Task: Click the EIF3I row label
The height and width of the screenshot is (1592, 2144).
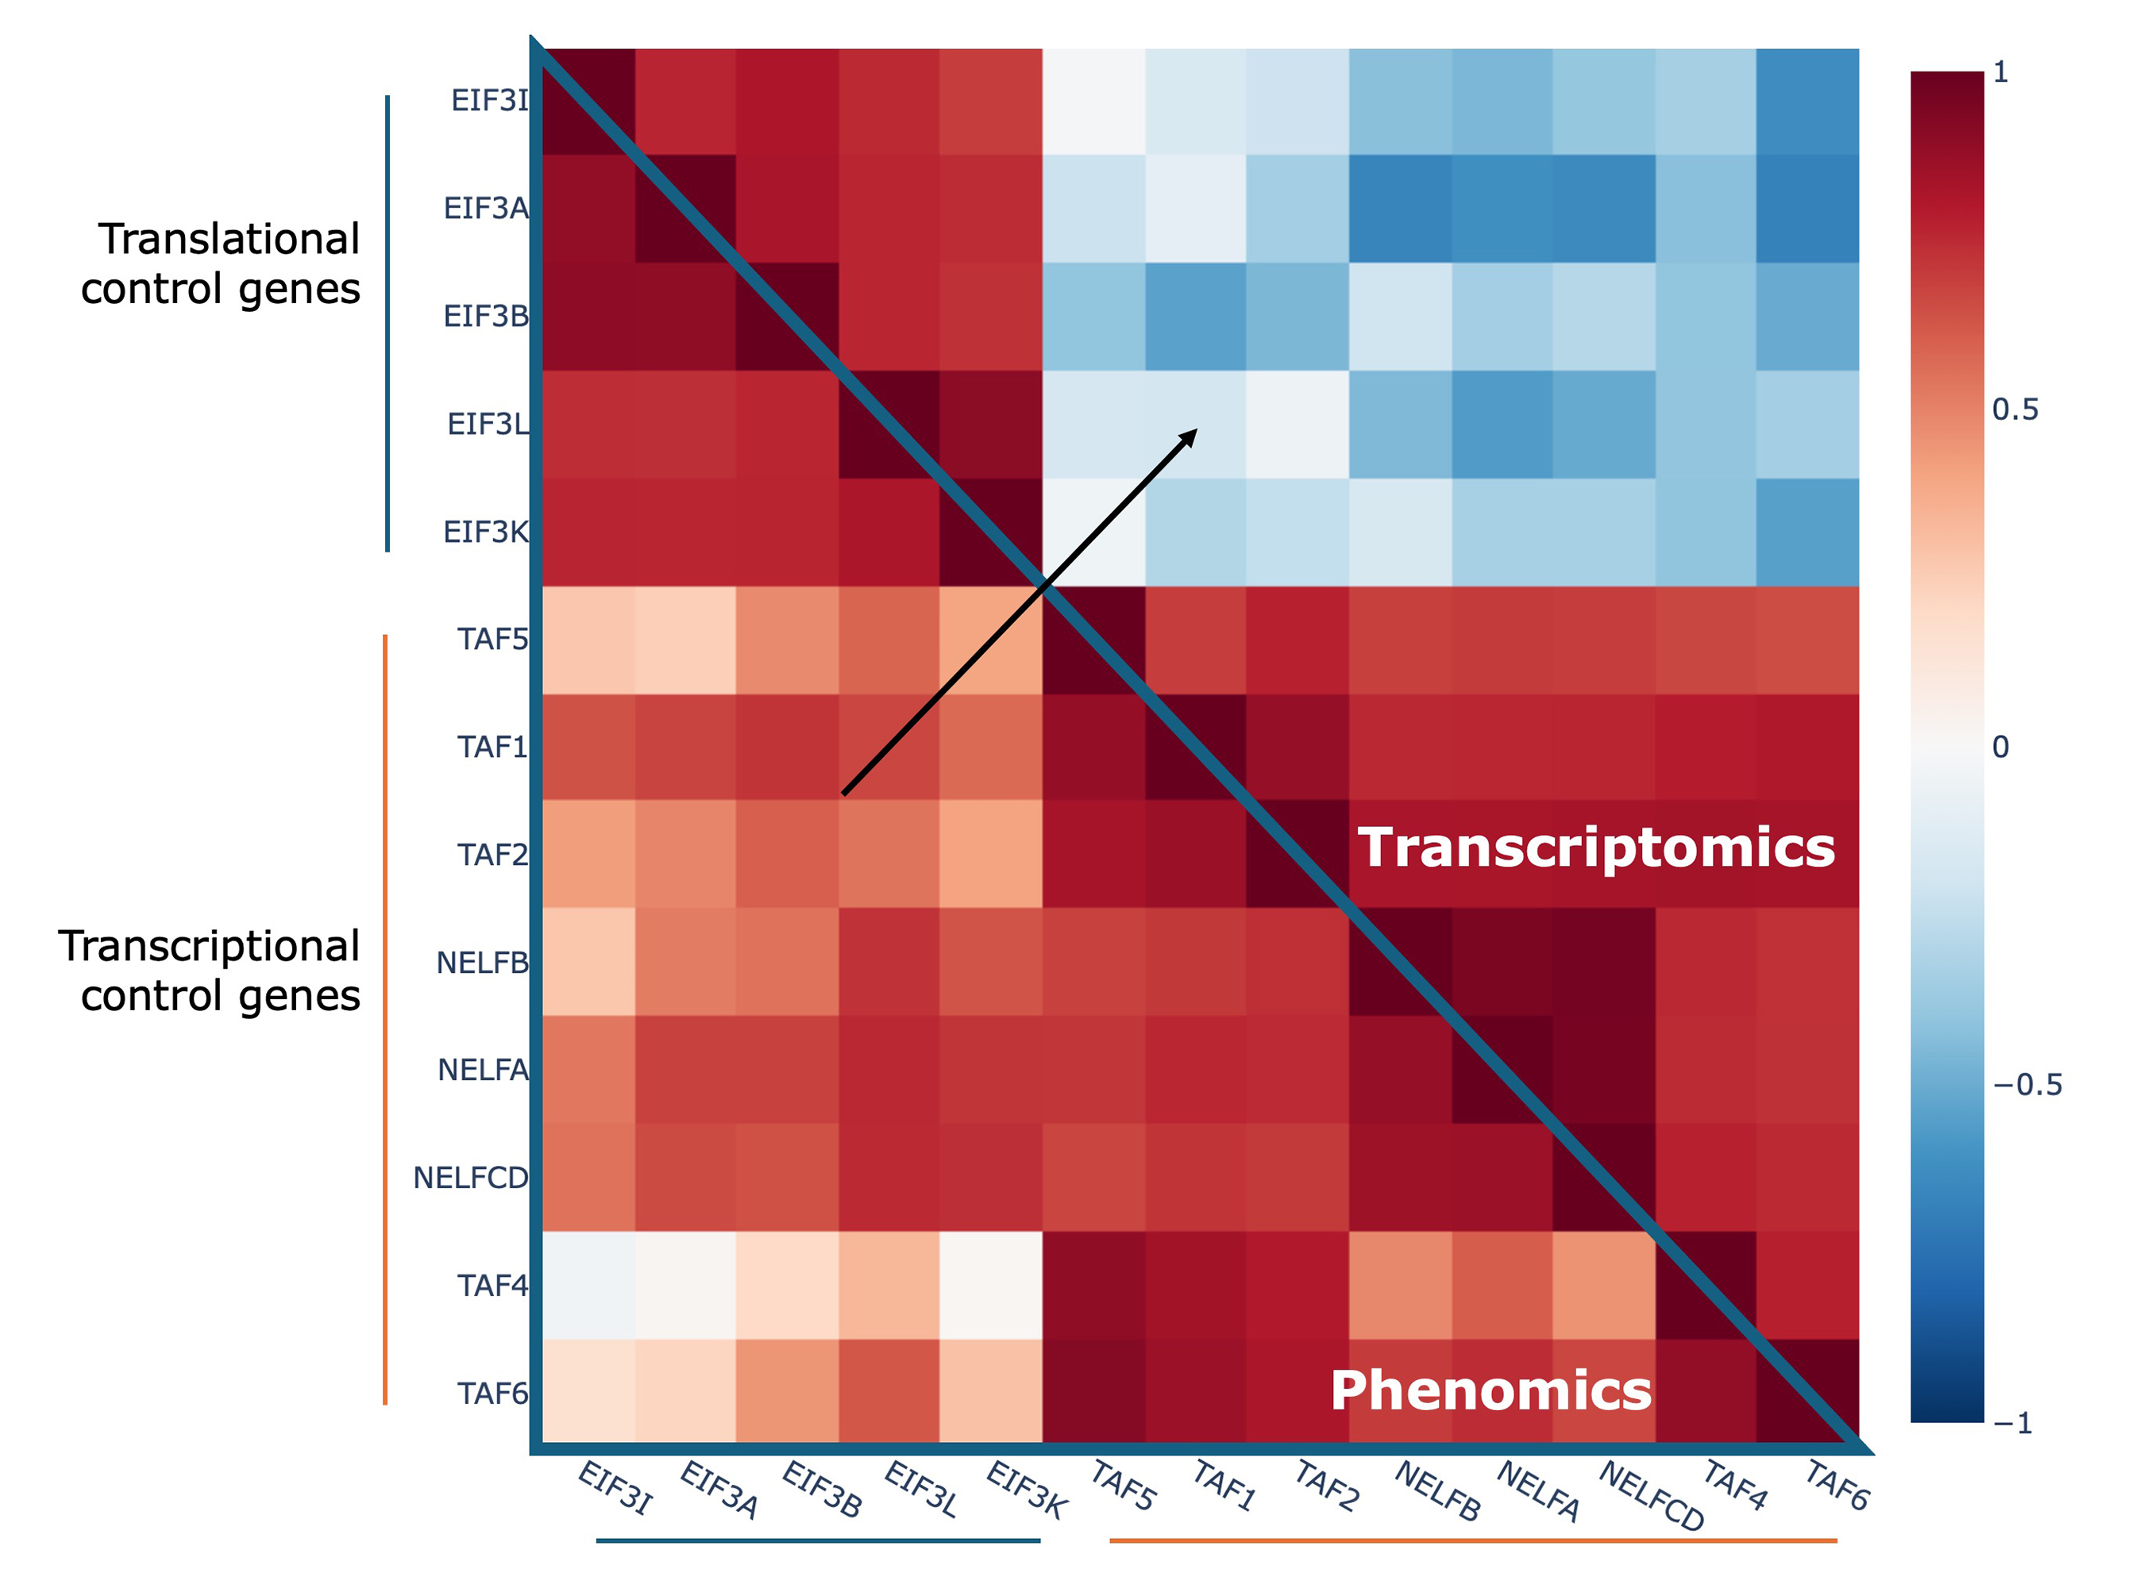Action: pyautogui.click(x=490, y=100)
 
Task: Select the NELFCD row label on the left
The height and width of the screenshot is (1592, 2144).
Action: pyautogui.click(x=470, y=1178)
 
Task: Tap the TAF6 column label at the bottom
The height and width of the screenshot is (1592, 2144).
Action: pyautogui.click(x=1837, y=1485)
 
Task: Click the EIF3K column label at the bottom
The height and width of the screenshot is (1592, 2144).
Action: pyautogui.click(x=1026, y=1490)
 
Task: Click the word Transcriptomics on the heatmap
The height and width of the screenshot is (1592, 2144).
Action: pyautogui.click(x=1596, y=848)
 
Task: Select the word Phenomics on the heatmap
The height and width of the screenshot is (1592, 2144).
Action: pyautogui.click(x=1490, y=1390)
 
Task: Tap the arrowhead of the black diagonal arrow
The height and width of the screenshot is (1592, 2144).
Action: pyautogui.click(x=1190, y=436)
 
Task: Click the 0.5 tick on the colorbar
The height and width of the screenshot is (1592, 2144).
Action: pyautogui.click(x=2015, y=410)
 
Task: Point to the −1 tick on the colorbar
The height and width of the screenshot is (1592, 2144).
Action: pyautogui.click(x=2013, y=1424)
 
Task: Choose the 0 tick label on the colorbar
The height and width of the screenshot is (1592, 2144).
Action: pyautogui.click(x=2000, y=747)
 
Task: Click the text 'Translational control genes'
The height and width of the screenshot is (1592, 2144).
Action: pyautogui.click(x=222, y=263)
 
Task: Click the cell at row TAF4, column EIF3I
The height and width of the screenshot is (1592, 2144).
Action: pyautogui.click(x=589, y=1285)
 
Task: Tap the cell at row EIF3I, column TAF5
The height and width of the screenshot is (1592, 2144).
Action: pyautogui.click(x=1093, y=102)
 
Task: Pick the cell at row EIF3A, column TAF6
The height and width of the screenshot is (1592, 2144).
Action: pyautogui.click(x=1807, y=208)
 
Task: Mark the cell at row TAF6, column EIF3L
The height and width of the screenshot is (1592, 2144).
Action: pyautogui.click(x=888, y=1390)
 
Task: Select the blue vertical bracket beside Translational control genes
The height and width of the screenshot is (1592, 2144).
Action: pyautogui.click(x=388, y=323)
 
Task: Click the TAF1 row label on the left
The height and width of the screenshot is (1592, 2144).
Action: pyautogui.click(x=492, y=747)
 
